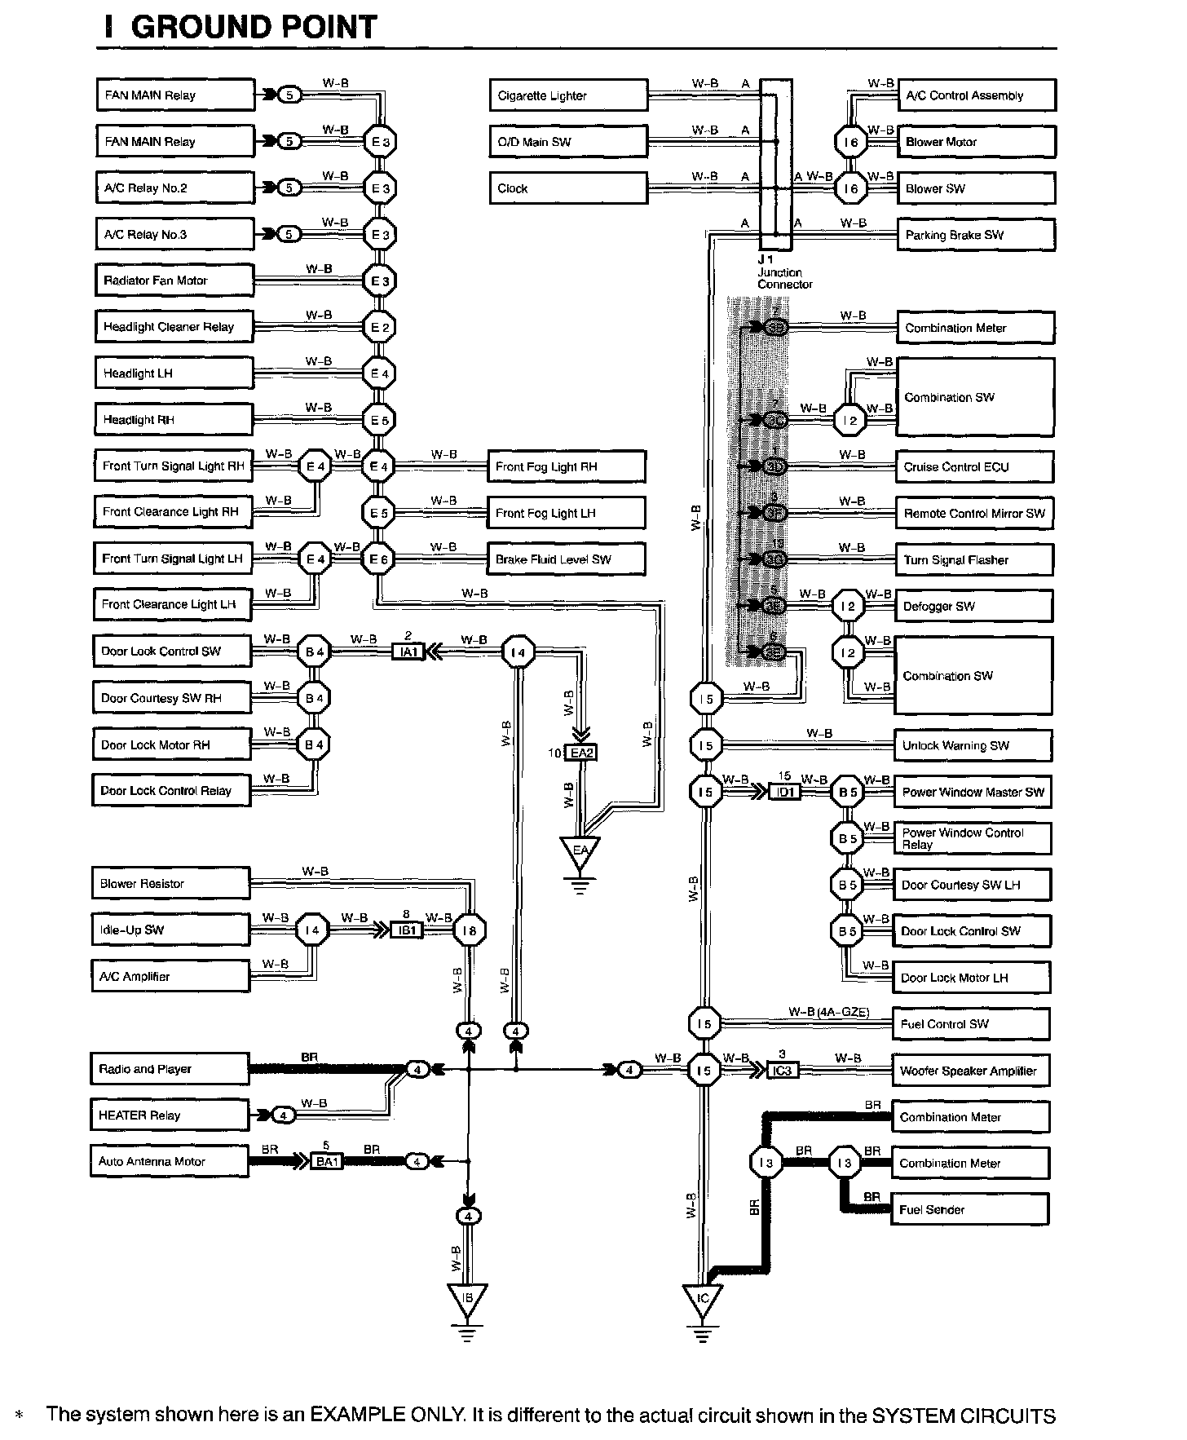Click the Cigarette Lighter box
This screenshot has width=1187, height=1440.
tap(568, 95)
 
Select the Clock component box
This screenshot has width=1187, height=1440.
tap(568, 188)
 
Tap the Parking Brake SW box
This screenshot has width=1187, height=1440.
tap(975, 235)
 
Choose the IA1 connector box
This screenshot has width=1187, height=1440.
tap(408, 652)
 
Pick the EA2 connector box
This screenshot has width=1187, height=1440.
tap(580, 753)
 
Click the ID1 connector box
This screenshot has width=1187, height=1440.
tap(784, 792)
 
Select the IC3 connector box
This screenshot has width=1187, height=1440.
tap(782, 1070)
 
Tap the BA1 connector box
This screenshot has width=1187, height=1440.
tap(326, 1161)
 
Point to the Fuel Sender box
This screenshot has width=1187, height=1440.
tap(969, 1209)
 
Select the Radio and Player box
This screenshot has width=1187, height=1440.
tap(169, 1069)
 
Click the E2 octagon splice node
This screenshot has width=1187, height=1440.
tap(380, 328)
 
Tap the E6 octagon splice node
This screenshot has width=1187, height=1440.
tap(379, 559)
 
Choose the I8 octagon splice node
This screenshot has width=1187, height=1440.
tap(469, 930)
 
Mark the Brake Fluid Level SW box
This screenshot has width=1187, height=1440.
tap(566, 559)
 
